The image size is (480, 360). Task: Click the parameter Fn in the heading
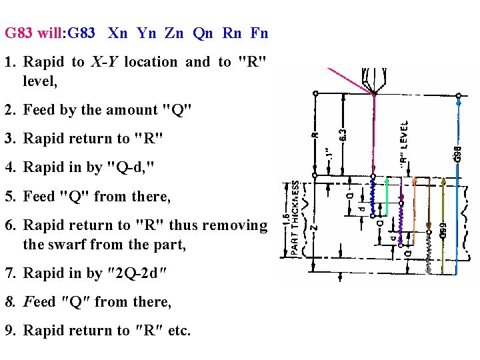click(259, 33)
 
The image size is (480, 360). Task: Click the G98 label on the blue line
click(457, 153)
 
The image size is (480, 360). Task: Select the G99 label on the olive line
click(443, 230)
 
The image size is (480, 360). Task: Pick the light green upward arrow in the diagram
click(387, 179)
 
